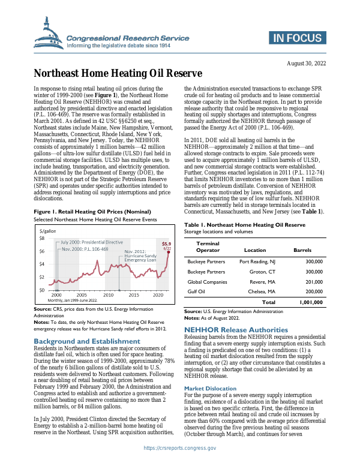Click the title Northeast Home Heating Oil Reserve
117,74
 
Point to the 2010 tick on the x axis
108,296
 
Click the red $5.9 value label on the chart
167,243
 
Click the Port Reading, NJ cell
257,262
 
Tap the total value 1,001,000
311,302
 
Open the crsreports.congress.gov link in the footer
179,456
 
